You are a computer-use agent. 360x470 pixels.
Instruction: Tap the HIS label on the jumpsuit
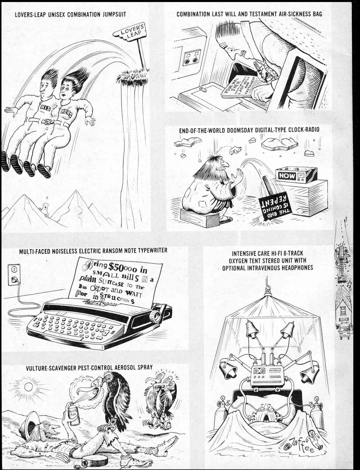coord(45,108)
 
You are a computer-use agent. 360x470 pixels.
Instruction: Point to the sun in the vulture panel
coord(28,387)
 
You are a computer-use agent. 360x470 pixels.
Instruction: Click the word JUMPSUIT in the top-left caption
coord(114,14)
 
